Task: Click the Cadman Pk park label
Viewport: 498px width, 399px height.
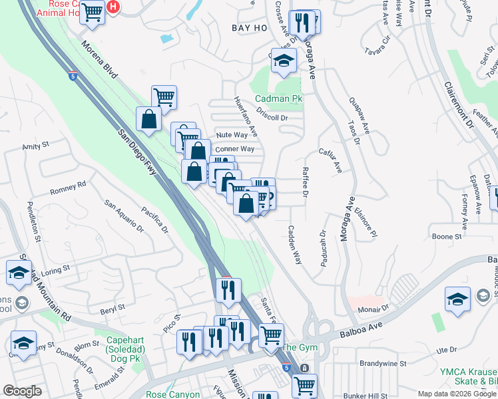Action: [x=278, y=99]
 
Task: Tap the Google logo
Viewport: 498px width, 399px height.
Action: [x=22, y=391]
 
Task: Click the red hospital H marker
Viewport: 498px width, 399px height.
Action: [x=114, y=7]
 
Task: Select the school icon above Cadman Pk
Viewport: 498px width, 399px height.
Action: [x=284, y=61]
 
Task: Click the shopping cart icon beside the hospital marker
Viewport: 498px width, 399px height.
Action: [x=93, y=13]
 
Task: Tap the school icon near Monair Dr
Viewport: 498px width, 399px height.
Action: [x=458, y=299]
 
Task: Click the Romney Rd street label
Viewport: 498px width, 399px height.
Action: [x=68, y=188]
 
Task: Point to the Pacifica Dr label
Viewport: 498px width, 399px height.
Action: [x=153, y=219]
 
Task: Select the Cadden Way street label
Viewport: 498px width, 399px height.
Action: [x=294, y=245]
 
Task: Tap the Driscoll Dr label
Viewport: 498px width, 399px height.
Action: [x=274, y=118]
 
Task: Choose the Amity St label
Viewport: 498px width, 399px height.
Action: [x=36, y=146]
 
